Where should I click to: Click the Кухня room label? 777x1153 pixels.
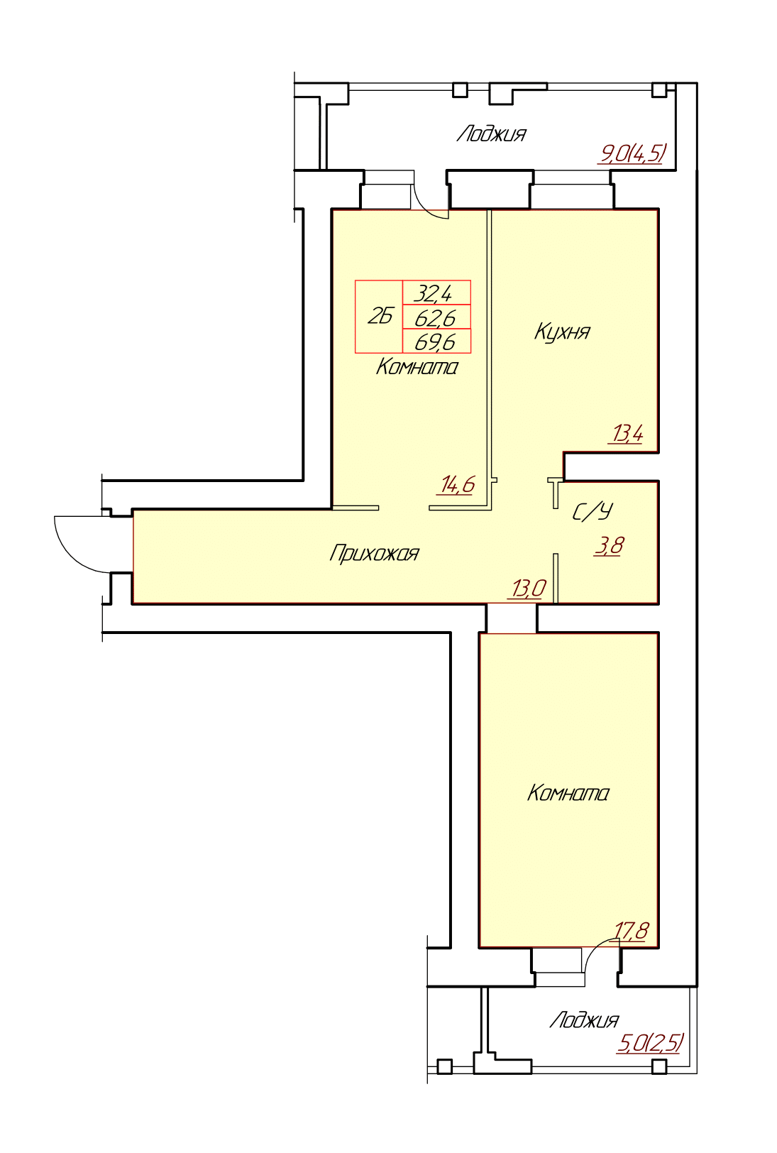click(x=562, y=332)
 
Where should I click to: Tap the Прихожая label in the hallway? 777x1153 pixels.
click(x=374, y=554)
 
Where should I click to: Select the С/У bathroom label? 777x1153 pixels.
click(x=593, y=512)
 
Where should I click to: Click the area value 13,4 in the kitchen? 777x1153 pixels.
click(x=626, y=434)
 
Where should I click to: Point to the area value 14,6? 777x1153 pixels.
click(x=456, y=484)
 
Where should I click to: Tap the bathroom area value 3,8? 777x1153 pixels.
click(x=610, y=545)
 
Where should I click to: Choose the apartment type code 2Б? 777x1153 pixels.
click(x=380, y=317)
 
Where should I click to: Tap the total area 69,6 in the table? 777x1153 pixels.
click(x=435, y=342)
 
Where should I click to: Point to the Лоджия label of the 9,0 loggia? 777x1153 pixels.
click(x=492, y=133)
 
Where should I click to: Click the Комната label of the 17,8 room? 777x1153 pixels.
click(x=568, y=793)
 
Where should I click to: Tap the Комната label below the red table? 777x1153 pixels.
click(x=417, y=368)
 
